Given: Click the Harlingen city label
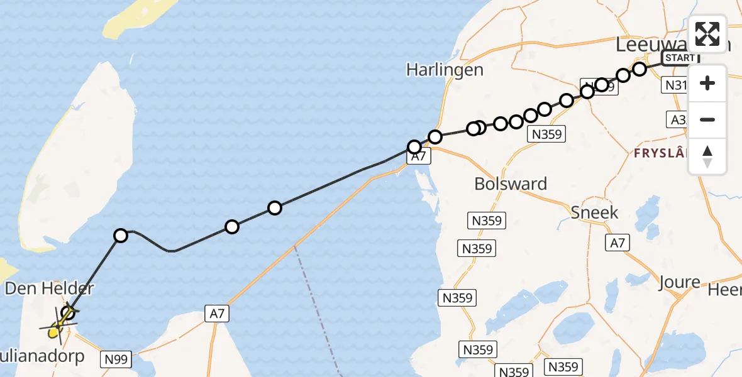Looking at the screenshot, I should (x=445, y=70).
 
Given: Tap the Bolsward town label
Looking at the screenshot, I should (x=511, y=184).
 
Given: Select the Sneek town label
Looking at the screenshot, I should (x=594, y=212).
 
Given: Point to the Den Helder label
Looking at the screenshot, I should (x=49, y=289).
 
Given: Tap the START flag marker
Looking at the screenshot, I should (x=680, y=58).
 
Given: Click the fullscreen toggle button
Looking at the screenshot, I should (x=707, y=33).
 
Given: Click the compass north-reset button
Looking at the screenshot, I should (x=707, y=156).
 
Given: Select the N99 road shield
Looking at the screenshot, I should (x=116, y=359).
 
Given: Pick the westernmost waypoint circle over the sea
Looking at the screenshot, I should (x=121, y=236).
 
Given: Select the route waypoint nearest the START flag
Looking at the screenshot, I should (x=640, y=69).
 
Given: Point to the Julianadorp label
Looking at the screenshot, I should (x=44, y=358).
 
